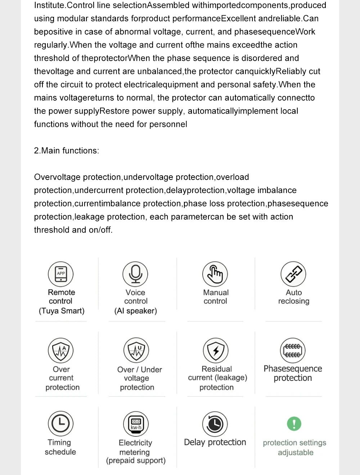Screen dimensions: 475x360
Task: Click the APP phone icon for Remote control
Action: pos(61,274)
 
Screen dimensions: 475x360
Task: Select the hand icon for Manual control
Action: pos(215,274)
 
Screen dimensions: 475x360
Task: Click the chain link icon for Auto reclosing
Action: pos(293,274)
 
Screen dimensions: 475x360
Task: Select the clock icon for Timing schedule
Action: pos(60,423)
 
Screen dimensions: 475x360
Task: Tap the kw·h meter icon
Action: pos(136,424)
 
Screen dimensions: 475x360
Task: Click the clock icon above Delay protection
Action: pos(215,424)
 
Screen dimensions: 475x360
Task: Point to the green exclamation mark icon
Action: pos(294,424)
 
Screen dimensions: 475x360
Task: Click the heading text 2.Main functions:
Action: pos(66,151)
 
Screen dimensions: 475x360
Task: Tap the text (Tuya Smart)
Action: pos(62,311)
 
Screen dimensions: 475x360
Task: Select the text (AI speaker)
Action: pos(136,311)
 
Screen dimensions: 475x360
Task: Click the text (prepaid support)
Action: pos(136,461)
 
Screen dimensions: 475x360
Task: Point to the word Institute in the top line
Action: pos(49,5)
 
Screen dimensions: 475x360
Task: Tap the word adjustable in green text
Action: pos(296,453)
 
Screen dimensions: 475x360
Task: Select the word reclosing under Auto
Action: pos(294,301)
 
